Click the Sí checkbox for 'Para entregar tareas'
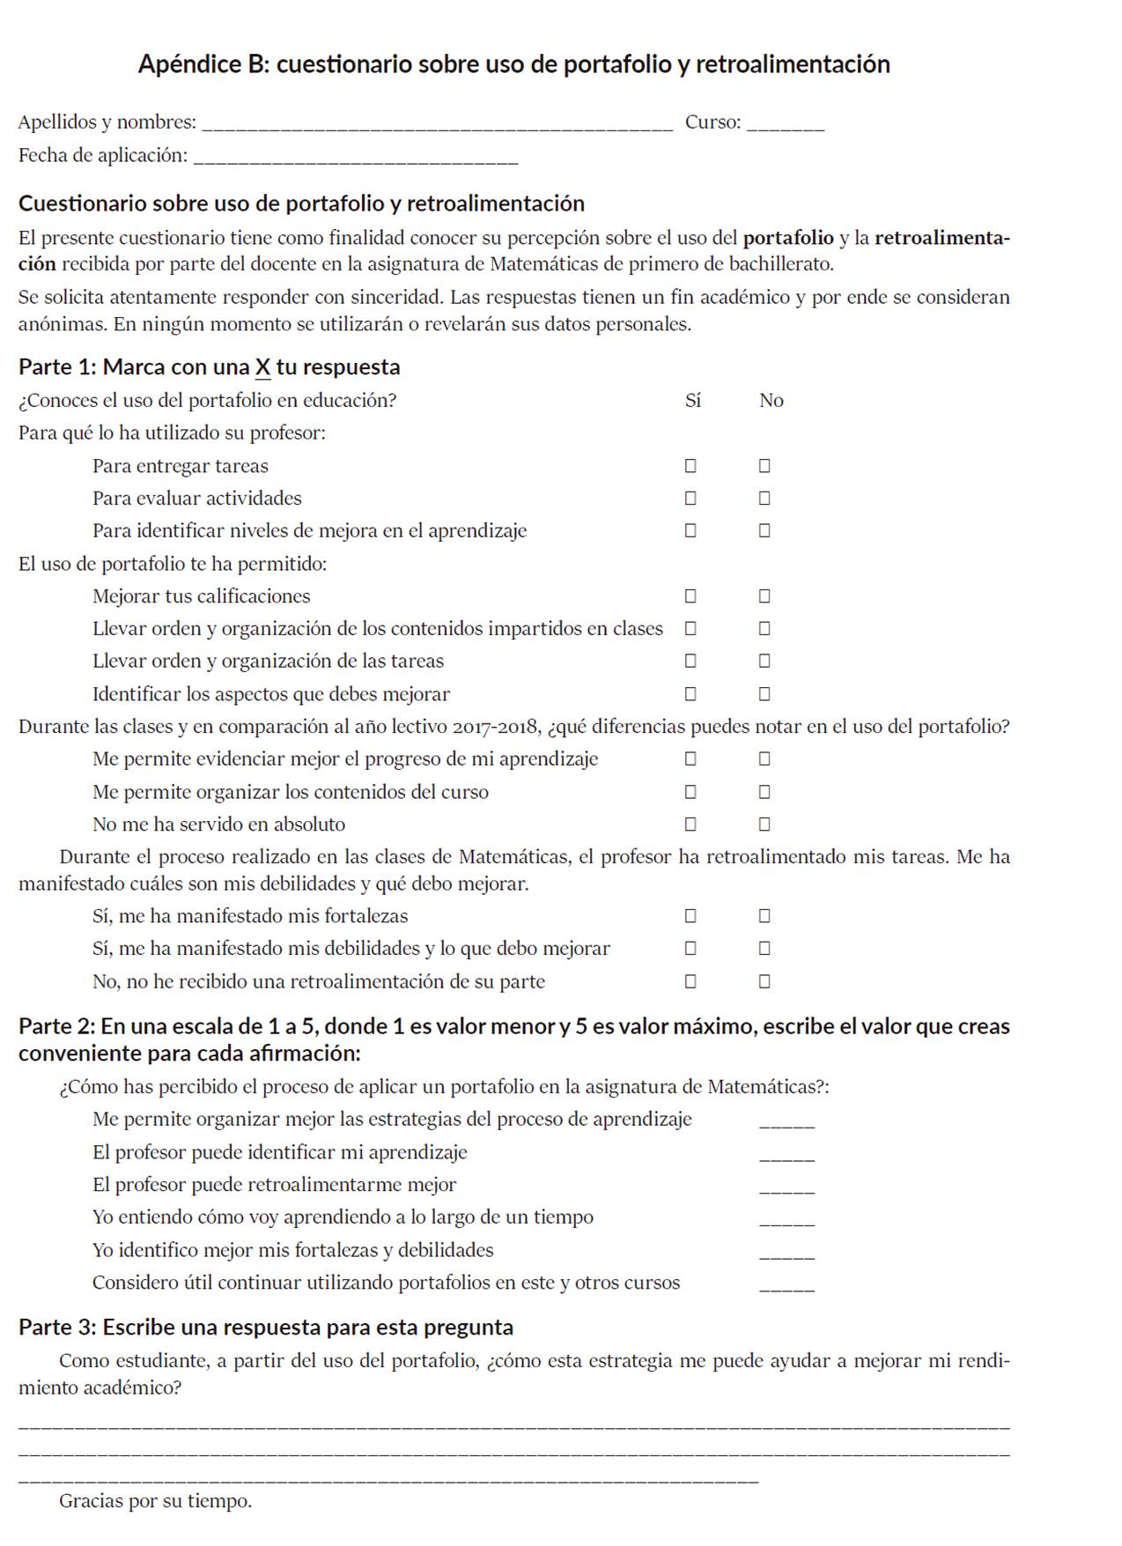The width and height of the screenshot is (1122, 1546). click(x=690, y=465)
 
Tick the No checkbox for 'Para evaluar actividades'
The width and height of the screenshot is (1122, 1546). click(x=764, y=498)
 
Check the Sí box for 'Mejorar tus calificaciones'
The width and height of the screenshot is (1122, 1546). click(x=690, y=595)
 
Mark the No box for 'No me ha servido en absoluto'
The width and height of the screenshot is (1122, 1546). click(x=764, y=824)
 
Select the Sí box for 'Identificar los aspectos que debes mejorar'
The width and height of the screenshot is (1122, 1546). click(x=690, y=693)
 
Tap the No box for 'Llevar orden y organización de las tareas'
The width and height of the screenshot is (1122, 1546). click(x=764, y=661)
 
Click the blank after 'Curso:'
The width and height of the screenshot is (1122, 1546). click(x=785, y=125)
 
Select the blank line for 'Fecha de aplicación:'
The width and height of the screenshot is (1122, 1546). click(x=355, y=159)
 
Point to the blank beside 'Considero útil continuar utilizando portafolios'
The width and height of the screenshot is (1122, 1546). click(x=786, y=1286)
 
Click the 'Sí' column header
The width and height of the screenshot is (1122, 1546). click(x=693, y=401)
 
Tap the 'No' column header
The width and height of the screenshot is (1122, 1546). click(x=771, y=401)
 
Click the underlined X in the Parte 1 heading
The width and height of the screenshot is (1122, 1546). click(x=262, y=367)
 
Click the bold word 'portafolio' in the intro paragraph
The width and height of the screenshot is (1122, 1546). click(x=788, y=238)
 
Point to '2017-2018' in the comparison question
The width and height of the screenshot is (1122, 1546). click(x=496, y=727)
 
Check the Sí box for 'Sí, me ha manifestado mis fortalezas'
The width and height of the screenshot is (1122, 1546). click(x=690, y=916)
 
